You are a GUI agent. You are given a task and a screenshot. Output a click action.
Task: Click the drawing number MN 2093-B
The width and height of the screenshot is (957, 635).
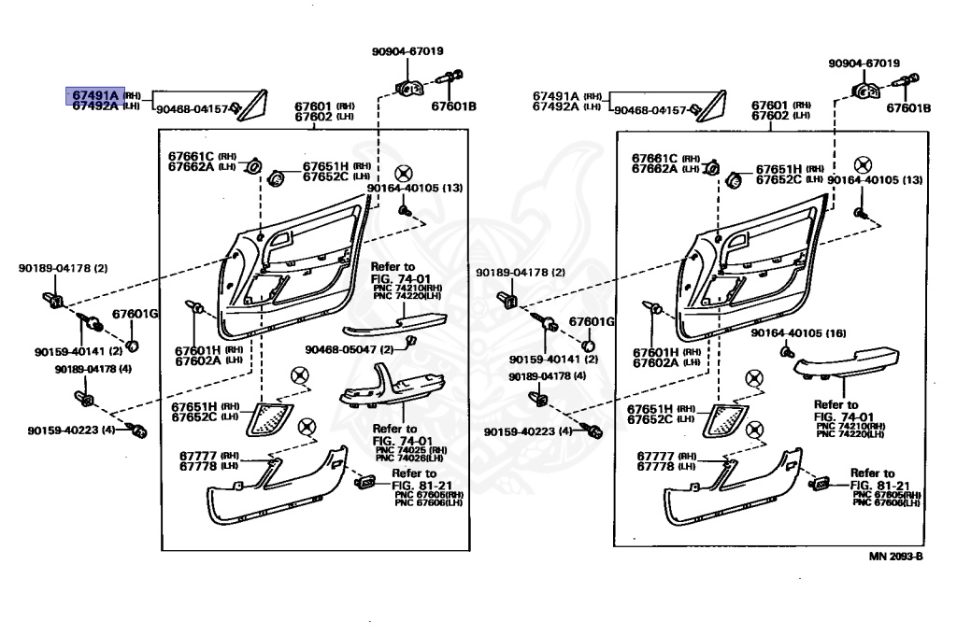[895, 557]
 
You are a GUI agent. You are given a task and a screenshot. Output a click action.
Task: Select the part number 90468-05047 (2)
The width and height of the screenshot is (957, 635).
[341, 349]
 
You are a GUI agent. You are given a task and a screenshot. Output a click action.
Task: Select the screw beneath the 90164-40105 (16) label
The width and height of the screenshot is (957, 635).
[788, 353]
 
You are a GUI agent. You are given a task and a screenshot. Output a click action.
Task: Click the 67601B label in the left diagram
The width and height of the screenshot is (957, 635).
[453, 106]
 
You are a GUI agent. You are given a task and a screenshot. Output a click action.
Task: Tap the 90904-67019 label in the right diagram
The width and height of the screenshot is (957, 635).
[864, 63]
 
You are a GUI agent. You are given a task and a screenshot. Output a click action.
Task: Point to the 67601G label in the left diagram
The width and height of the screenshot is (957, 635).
[136, 314]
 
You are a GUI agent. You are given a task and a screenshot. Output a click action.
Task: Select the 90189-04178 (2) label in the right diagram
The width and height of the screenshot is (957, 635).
[520, 273]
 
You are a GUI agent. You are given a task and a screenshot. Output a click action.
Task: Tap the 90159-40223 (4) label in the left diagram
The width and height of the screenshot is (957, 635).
[71, 431]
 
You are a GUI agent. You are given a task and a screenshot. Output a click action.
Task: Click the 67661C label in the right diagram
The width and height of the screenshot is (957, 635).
[654, 158]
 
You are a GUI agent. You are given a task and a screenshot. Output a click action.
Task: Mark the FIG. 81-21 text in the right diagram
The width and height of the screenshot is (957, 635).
[878, 486]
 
